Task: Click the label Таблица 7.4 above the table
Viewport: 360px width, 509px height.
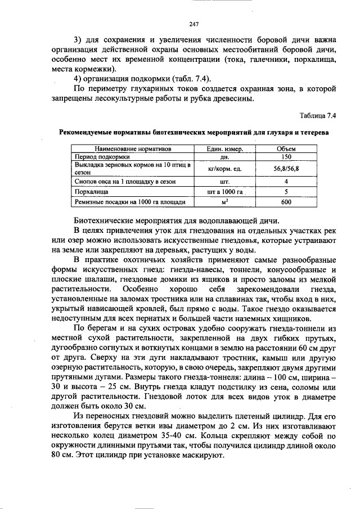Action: click(318, 116)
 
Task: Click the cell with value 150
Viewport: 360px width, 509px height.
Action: click(286, 156)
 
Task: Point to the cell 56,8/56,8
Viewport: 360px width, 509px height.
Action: click(286, 168)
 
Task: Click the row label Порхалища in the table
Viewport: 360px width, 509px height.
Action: click(92, 192)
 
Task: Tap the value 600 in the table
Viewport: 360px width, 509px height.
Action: click(286, 201)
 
